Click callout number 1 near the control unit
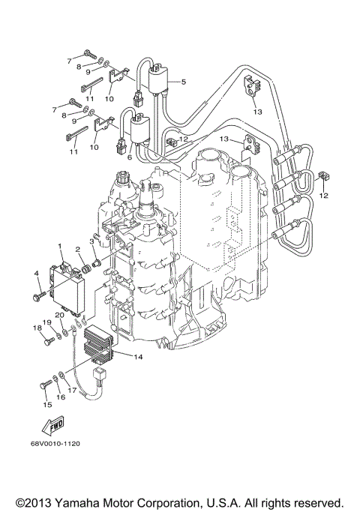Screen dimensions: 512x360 pyautogui.click(x=61, y=245)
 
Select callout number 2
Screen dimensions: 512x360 pyautogui.click(x=77, y=249)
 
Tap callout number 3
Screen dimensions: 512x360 pyautogui.click(x=91, y=241)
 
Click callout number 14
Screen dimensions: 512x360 pyautogui.click(x=138, y=358)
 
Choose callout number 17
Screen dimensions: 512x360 pyautogui.click(x=72, y=391)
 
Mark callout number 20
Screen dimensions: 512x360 pyautogui.click(x=58, y=316)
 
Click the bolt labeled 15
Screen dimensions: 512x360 pyautogui.click(x=43, y=385)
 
